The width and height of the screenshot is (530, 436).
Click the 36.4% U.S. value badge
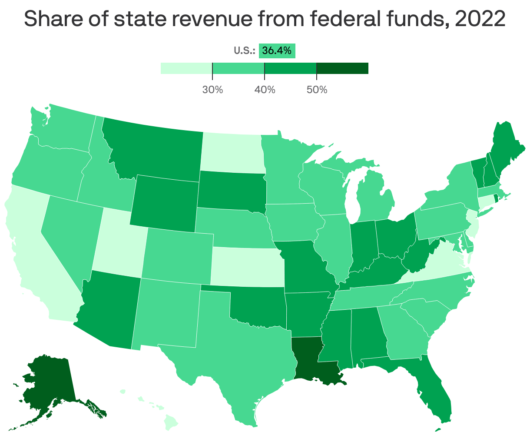click(277, 51)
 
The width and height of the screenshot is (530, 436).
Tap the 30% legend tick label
click(212, 90)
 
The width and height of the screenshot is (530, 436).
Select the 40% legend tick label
click(265, 90)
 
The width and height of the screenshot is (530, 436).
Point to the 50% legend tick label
click(317, 90)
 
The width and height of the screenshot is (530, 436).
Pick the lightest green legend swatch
click(186, 68)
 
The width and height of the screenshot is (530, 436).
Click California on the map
click(30, 252)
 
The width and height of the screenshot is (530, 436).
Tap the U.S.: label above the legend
click(244, 51)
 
